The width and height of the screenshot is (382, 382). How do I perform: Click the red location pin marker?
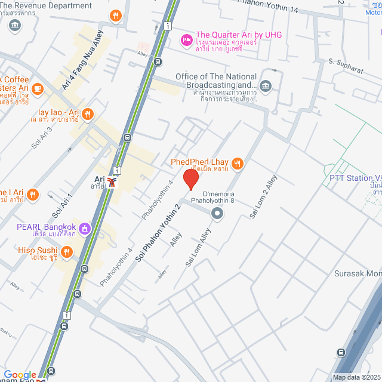coord(190,179)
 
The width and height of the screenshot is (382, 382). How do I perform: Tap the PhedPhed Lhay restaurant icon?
coord(238,163)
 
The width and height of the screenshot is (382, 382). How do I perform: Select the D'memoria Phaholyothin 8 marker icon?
coord(217,212)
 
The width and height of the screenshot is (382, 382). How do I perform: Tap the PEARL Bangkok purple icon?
coord(85,227)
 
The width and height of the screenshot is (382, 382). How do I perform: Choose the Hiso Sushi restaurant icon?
coord(66,251)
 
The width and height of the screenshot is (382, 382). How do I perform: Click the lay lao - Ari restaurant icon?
coord(88,113)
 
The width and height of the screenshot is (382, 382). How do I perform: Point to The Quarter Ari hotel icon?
coord(186,39)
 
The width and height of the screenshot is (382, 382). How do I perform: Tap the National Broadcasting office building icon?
coord(266,85)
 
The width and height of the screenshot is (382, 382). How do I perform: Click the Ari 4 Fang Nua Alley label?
coord(82,60)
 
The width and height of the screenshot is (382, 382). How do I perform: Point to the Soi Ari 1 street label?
coord(62,205)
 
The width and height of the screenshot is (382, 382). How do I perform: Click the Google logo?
coord(20,374)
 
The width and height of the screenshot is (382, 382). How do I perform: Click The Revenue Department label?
coord(46,6)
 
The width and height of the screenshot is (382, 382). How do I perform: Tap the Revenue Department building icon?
coord(15,25)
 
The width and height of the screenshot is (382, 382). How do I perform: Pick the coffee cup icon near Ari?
coord(38,89)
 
